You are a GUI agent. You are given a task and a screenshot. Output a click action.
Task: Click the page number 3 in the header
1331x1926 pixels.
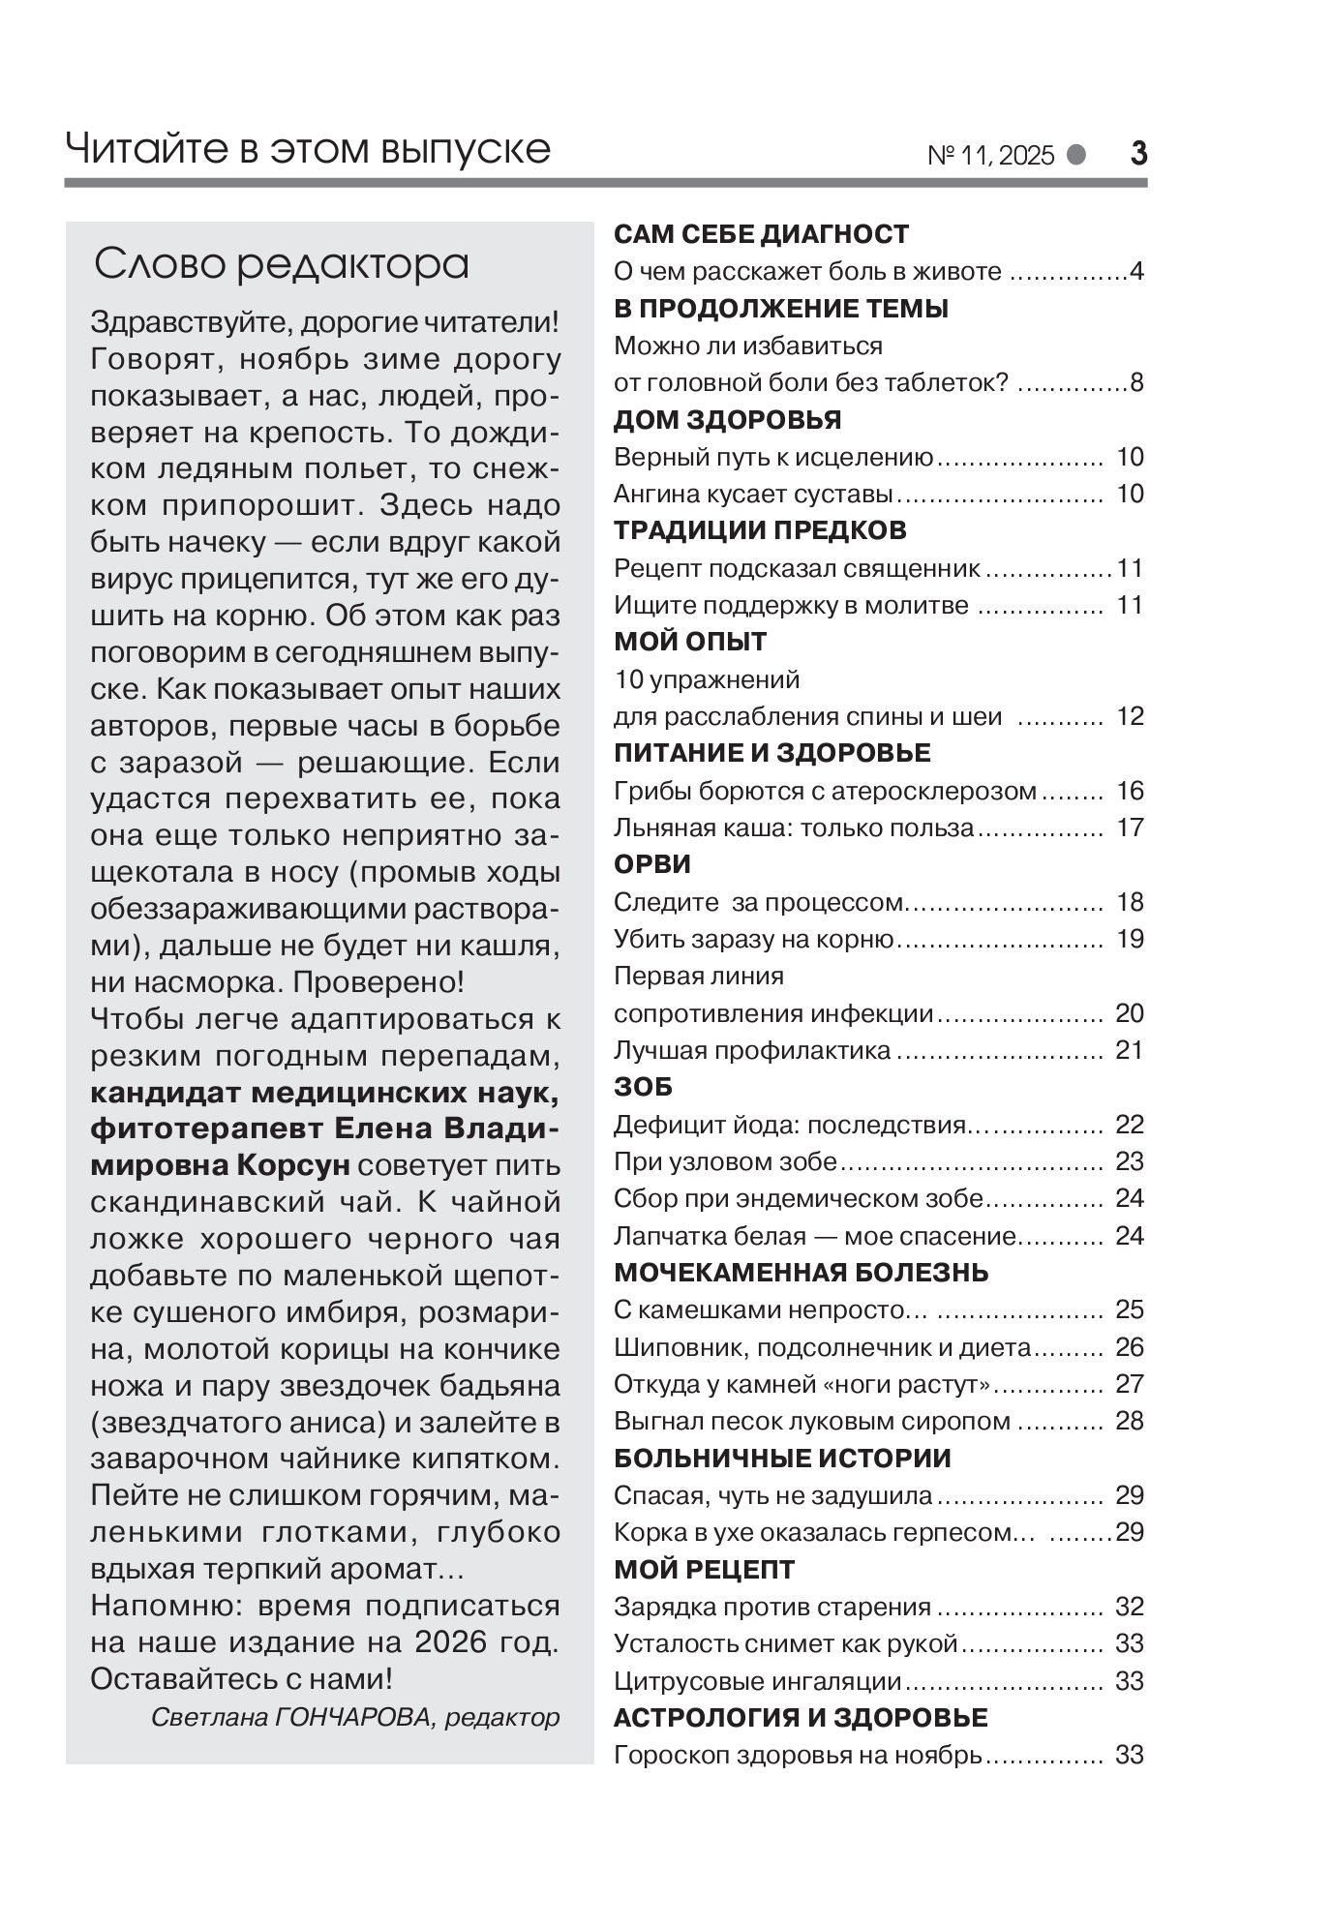(x=1138, y=154)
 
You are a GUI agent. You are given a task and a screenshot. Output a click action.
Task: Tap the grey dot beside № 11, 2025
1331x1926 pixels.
(x=1075, y=155)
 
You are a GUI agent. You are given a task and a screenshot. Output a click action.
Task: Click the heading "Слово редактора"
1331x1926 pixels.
(x=281, y=264)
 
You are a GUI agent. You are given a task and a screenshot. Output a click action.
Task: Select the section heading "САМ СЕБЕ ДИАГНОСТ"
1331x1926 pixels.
(x=762, y=234)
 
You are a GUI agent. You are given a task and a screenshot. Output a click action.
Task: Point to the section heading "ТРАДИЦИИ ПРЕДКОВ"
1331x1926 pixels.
(x=760, y=530)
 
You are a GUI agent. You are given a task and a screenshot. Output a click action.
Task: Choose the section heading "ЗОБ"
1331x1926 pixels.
(x=643, y=1087)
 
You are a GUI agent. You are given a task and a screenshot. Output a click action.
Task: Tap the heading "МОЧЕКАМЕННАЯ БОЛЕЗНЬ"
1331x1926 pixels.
(x=801, y=1272)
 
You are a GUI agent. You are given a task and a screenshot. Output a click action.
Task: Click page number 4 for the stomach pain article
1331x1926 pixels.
(x=1136, y=272)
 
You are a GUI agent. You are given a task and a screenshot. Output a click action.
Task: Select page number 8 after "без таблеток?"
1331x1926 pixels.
(x=1136, y=383)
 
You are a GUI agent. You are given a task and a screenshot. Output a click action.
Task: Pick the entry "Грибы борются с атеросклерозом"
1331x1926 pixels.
(x=825, y=791)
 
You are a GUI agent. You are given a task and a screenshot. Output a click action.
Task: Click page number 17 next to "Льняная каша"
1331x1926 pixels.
(x=1130, y=828)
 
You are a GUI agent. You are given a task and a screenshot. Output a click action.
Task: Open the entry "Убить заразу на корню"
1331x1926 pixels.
(x=752, y=939)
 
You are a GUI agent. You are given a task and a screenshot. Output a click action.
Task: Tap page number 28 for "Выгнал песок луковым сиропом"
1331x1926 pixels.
(x=1130, y=1421)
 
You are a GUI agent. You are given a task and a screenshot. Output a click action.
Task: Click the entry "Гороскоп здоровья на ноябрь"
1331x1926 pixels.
(x=798, y=1755)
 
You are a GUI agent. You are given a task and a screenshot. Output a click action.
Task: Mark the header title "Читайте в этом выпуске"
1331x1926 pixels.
(x=308, y=150)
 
